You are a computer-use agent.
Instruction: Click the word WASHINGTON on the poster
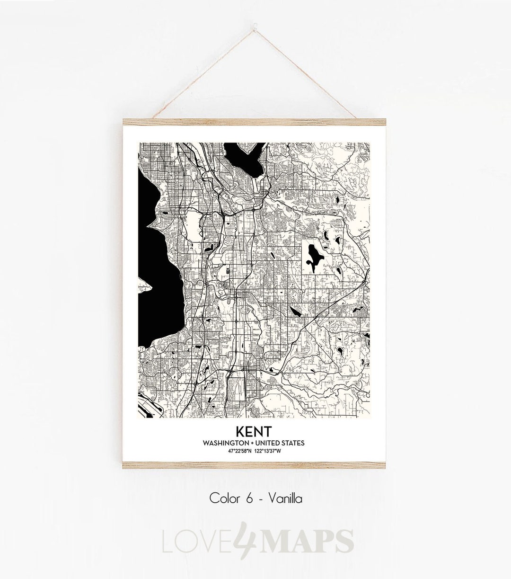pyautogui.click(x=224, y=443)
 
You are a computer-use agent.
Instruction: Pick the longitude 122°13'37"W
pyautogui.click(x=268, y=450)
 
